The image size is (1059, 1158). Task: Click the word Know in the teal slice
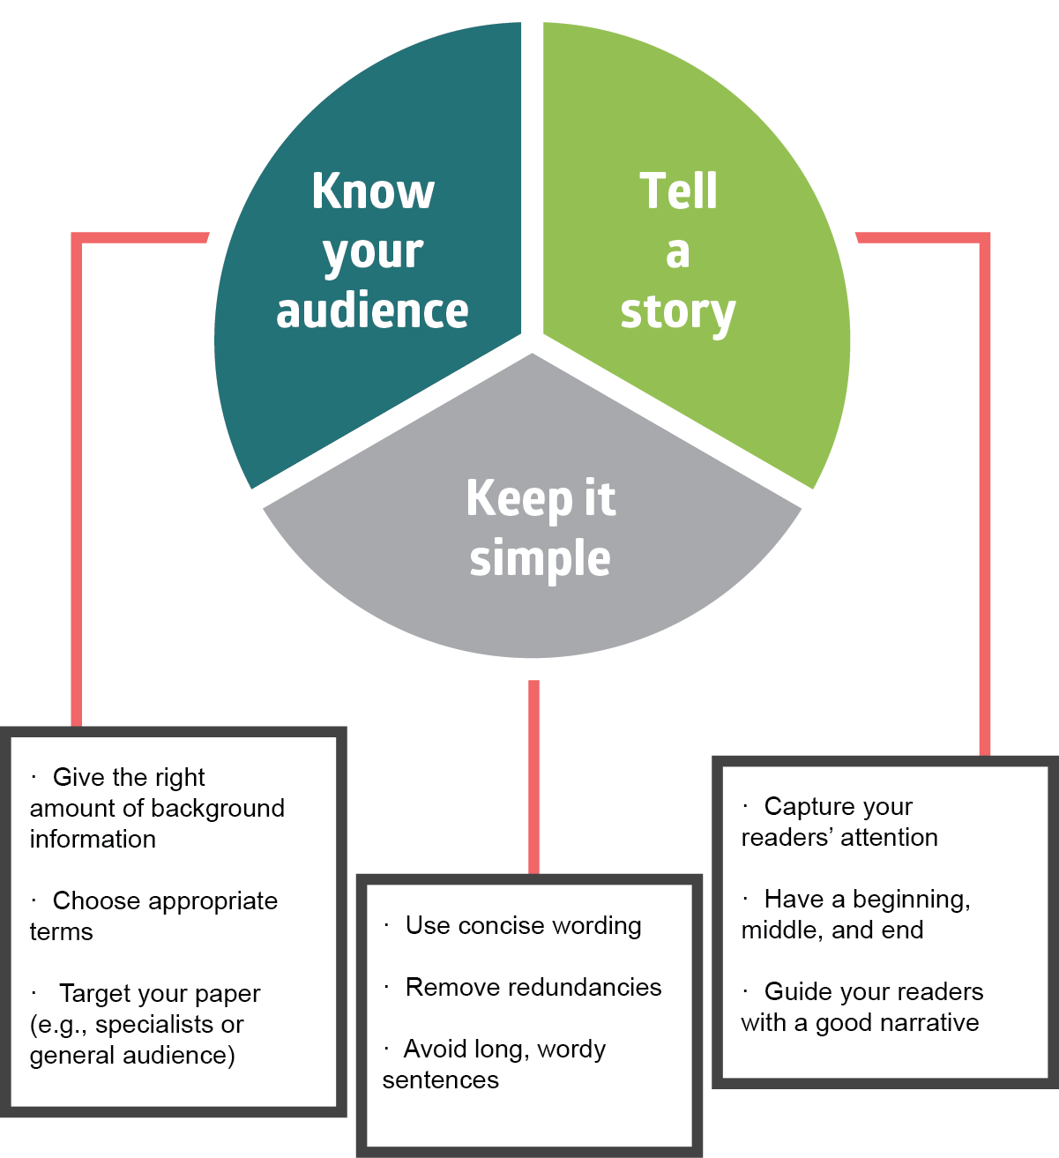coord(373,191)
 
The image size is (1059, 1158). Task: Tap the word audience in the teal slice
coord(372,310)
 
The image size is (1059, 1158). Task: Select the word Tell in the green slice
coord(678,191)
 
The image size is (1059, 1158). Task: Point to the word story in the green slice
coord(678,314)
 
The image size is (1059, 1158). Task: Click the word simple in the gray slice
coord(540,559)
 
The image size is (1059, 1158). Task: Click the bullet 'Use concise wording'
coord(513,926)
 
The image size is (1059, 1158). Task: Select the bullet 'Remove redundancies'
coord(523,988)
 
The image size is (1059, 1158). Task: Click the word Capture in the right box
coord(801,806)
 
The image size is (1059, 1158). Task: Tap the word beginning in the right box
coord(912,900)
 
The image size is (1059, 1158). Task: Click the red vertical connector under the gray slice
coord(533,776)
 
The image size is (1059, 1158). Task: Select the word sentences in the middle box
coord(441,1080)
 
